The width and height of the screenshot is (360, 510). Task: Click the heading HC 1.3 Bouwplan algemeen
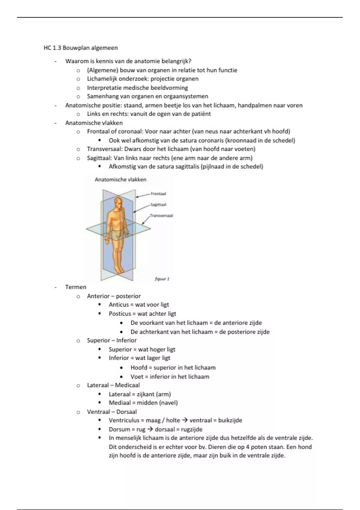click(x=80, y=48)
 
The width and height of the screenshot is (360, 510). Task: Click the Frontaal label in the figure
click(x=158, y=194)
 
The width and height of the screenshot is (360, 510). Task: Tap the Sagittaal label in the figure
click(x=158, y=205)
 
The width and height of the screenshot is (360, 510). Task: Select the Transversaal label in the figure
click(x=161, y=215)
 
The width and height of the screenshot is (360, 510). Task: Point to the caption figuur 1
click(x=162, y=279)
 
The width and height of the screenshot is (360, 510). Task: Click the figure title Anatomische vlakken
click(x=121, y=179)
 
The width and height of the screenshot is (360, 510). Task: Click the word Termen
click(x=76, y=287)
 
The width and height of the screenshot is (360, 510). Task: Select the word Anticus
click(x=119, y=305)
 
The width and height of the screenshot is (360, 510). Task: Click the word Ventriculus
click(x=124, y=420)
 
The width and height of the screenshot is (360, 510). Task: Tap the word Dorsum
click(x=119, y=429)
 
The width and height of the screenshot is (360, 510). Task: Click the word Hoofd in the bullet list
click(x=139, y=367)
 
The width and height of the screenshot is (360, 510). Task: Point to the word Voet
click(x=137, y=376)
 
